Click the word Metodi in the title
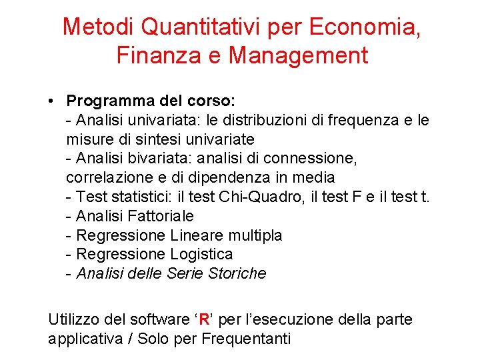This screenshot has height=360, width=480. (x=98, y=27)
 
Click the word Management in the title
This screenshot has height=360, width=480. (x=298, y=55)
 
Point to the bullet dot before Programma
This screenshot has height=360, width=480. (x=51, y=101)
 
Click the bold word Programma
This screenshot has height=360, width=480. (x=107, y=101)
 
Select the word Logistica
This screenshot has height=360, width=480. (x=202, y=254)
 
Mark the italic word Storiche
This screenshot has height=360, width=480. (x=237, y=273)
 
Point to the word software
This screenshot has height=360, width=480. (x=161, y=319)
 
